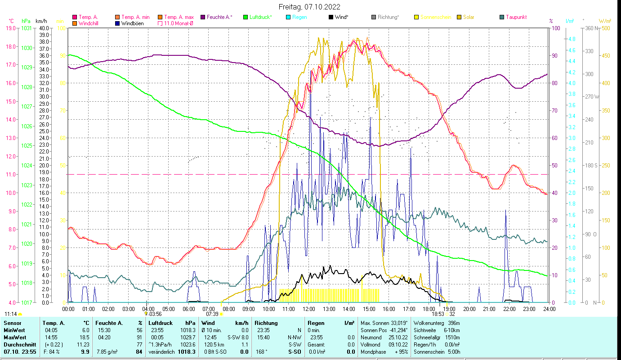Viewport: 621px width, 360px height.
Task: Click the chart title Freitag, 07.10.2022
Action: tap(309, 7)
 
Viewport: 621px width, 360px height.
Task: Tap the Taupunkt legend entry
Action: tap(516, 17)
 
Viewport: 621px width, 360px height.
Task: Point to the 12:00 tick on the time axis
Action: tap(309, 309)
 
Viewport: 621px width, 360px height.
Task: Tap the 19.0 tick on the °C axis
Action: tap(10, 28)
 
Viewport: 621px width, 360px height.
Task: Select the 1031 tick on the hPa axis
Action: tap(27, 28)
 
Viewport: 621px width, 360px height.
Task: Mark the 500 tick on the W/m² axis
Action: tap(606, 28)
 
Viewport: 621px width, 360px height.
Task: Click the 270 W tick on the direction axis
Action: tap(591, 96)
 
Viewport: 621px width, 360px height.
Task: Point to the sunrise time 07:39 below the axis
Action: tap(212, 314)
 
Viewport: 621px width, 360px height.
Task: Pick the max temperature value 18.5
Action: tap(85, 337)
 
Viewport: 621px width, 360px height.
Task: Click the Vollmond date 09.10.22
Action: tap(398, 344)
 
